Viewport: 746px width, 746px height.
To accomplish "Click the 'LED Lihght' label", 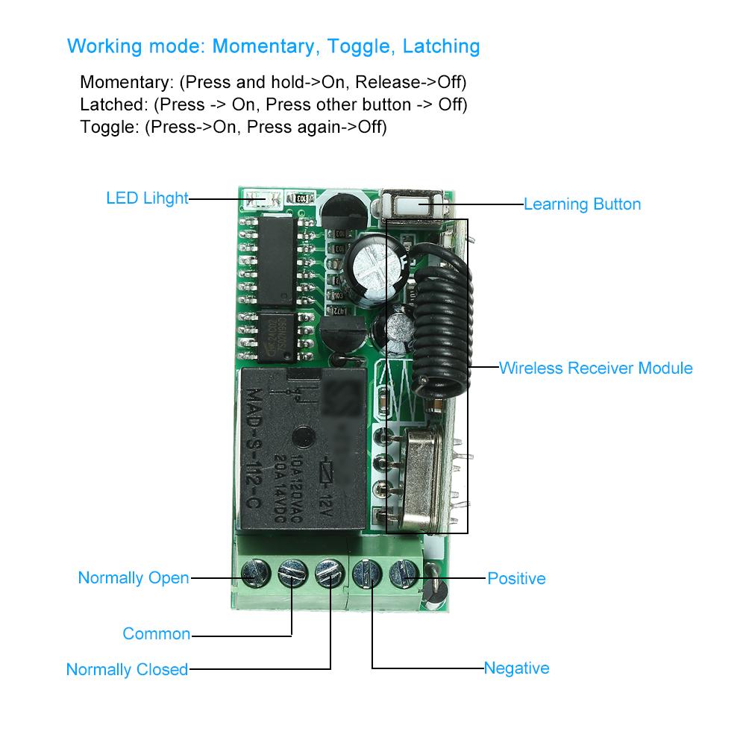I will coord(147,199).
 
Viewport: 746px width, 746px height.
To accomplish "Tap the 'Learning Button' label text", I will coord(582,204).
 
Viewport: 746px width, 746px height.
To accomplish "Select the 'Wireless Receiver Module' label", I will coord(595,368).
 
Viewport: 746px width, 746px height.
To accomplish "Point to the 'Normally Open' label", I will coord(134,578).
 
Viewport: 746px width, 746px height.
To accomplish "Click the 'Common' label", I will coord(157,634).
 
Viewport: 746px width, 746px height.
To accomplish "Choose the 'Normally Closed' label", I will coord(127,669).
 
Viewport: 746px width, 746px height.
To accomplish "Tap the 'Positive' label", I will coord(516,578).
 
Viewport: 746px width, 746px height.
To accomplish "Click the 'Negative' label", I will coord(516,668).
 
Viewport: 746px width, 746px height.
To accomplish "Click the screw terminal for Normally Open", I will coord(254,574).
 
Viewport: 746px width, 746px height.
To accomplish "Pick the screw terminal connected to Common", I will coord(291,574).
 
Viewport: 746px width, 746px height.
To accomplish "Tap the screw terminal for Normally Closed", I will coord(328,574).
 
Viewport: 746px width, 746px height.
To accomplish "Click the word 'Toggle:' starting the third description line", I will coord(109,127).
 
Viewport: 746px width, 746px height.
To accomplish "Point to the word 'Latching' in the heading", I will coord(441,46).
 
